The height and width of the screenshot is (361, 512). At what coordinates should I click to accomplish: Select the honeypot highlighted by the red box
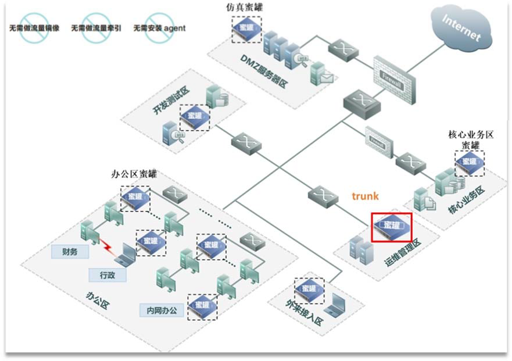(x=392, y=226)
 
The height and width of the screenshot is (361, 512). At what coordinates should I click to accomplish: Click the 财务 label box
(x=69, y=252)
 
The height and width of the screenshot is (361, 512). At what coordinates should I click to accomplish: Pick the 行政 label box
(x=107, y=274)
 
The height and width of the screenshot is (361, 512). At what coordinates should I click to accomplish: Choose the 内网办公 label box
(x=161, y=310)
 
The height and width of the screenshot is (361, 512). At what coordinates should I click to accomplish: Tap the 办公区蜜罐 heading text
(x=134, y=174)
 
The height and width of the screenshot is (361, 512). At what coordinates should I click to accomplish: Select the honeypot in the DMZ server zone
(x=246, y=28)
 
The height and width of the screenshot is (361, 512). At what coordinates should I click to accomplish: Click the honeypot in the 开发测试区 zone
(x=194, y=117)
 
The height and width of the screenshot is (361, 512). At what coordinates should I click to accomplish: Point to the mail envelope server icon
(x=321, y=74)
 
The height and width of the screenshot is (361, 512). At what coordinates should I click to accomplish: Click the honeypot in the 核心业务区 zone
(x=469, y=163)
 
